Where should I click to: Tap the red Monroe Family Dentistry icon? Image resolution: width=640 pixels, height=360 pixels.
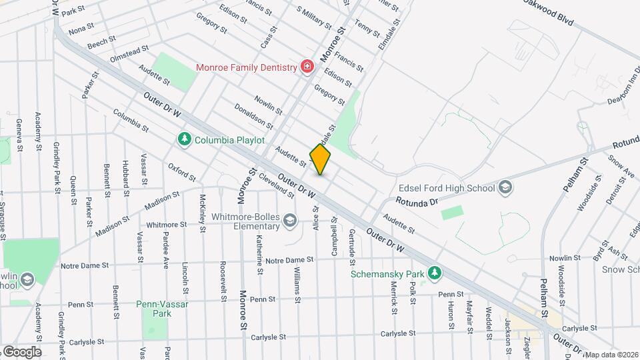tap(307, 67)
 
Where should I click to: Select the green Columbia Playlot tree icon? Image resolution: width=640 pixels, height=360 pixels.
tap(184, 140)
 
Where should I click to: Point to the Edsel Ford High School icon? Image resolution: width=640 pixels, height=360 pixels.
tap(505, 187)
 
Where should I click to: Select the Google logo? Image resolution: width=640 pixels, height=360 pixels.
tap(21, 351)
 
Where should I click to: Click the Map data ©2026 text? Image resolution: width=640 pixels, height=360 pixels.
tap(612, 355)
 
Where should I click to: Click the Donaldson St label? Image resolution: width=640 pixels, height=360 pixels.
tap(253, 116)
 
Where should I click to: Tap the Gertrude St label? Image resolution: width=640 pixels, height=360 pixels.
tap(351, 241)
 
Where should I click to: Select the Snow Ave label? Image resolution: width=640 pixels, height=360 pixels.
tap(621, 167)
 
